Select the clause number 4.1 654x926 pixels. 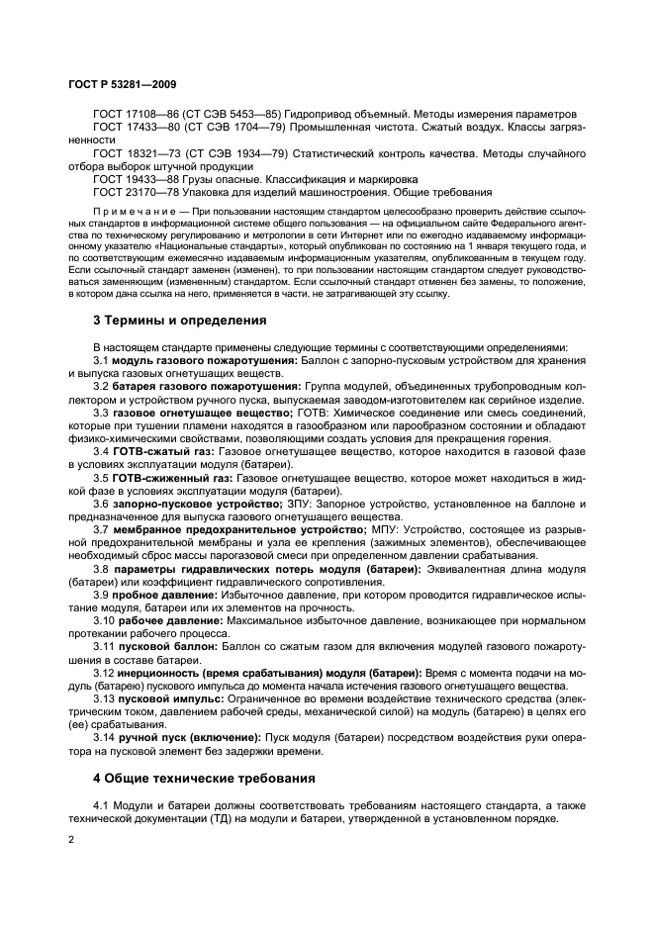point(101,804)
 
